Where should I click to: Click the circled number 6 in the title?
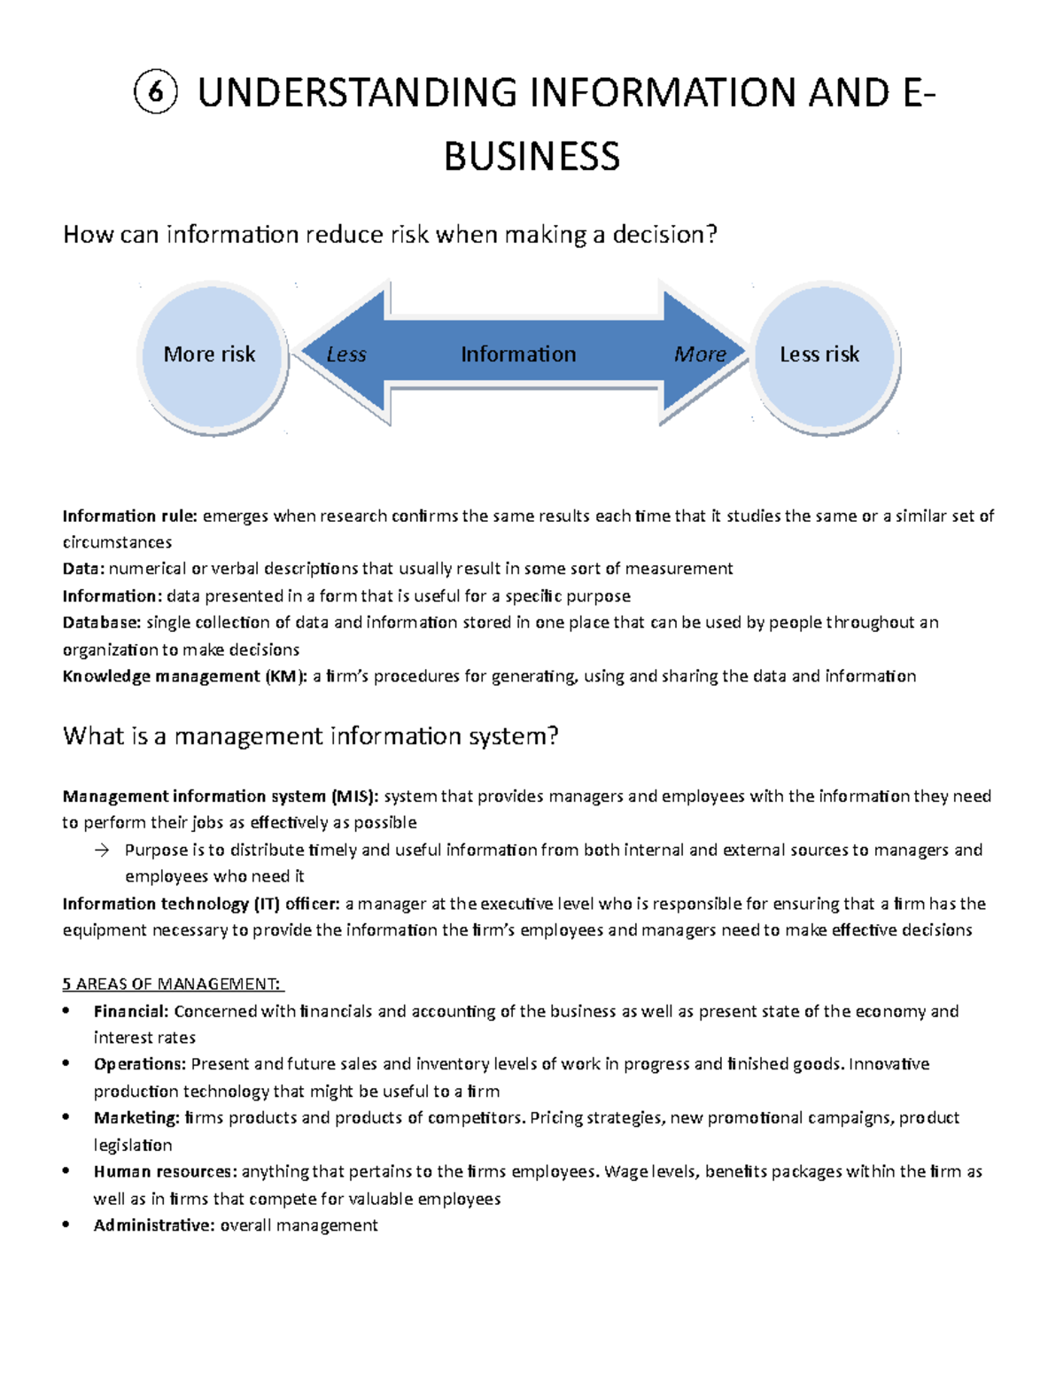point(156,93)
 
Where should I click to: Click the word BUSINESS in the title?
point(531,157)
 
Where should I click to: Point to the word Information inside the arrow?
point(518,354)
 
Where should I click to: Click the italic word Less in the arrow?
point(345,354)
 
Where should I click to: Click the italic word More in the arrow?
point(700,354)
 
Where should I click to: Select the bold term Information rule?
point(130,516)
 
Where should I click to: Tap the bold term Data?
point(83,569)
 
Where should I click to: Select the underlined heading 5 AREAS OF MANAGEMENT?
point(172,984)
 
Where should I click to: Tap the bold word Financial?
point(131,1011)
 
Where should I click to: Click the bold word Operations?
point(140,1064)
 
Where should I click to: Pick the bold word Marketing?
point(136,1118)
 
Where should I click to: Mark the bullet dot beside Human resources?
point(66,1171)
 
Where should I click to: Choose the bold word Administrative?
point(154,1225)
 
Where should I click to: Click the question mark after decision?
point(711,235)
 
